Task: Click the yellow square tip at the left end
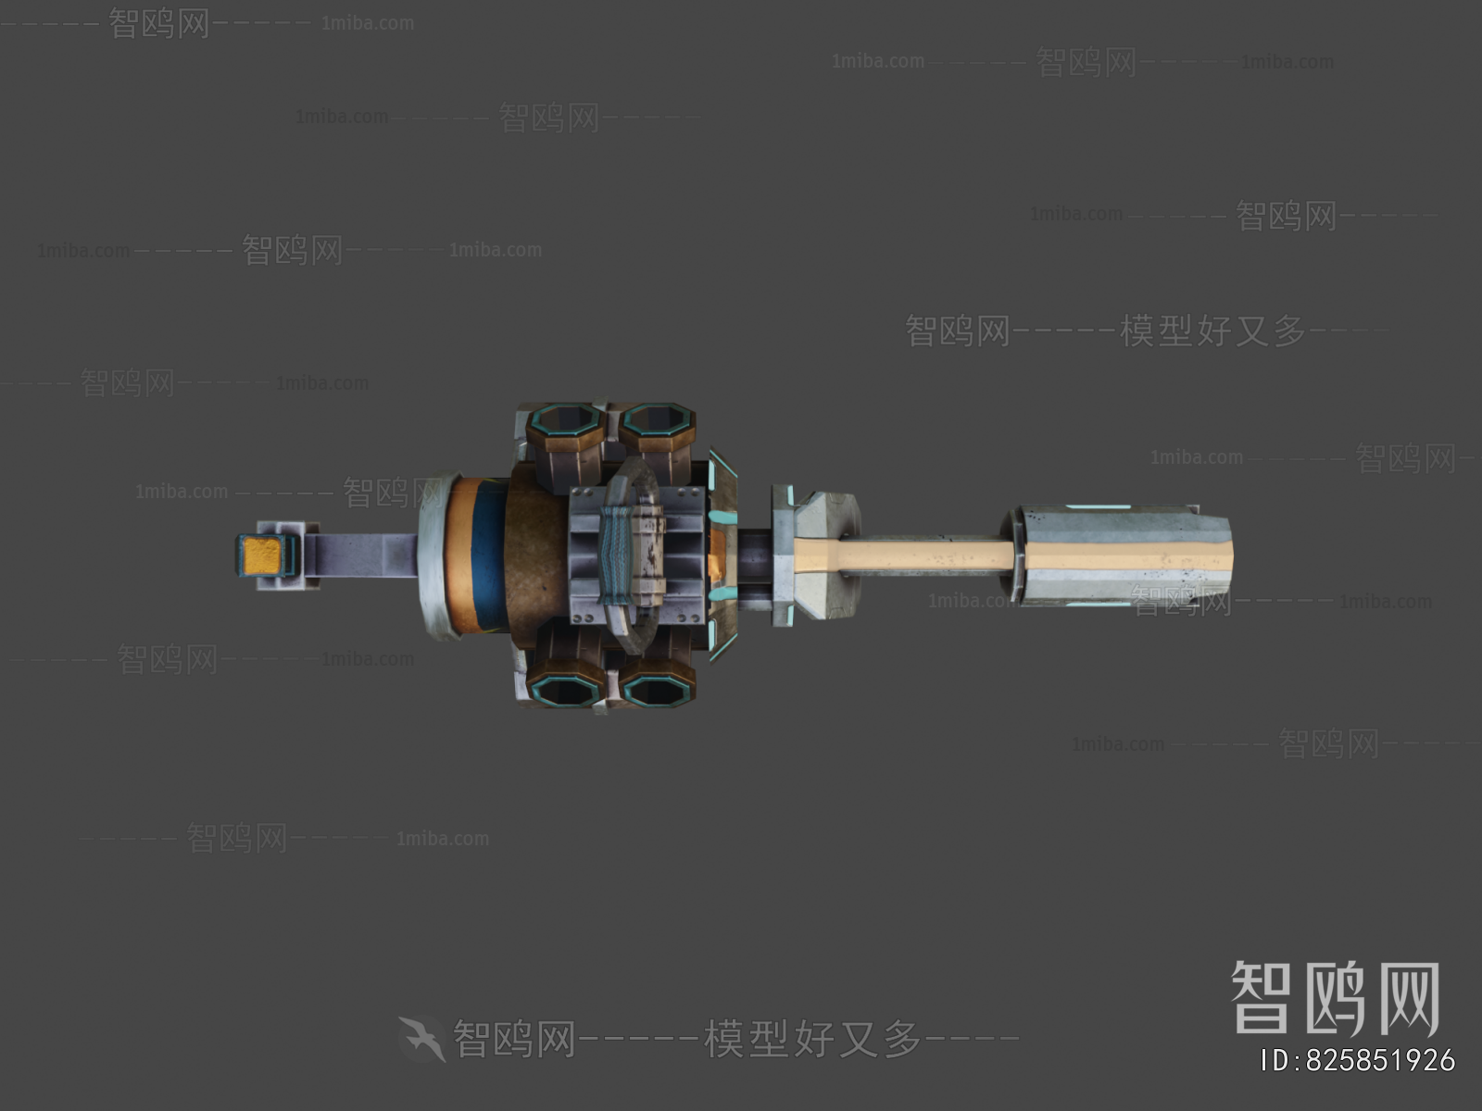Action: (x=262, y=555)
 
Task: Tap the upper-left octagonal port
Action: (x=565, y=423)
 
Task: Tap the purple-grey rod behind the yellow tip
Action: (x=361, y=555)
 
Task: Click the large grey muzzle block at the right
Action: (x=1125, y=555)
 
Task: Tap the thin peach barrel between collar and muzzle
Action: (x=926, y=555)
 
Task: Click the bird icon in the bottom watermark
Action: (x=422, y=1039)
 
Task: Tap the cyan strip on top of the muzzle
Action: (x=1098, y=508)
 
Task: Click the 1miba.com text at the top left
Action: (x=368, y=23)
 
